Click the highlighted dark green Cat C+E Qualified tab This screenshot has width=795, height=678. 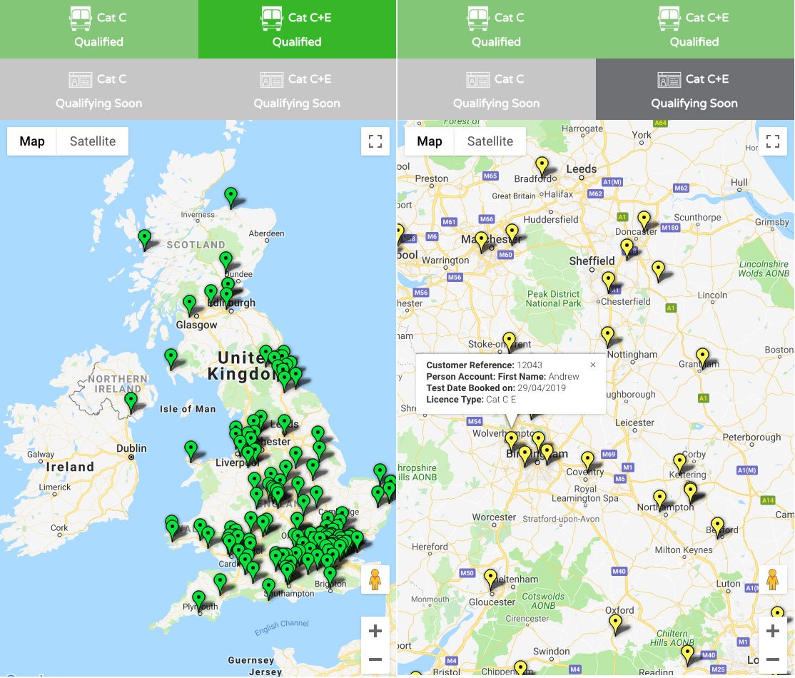click(297, 29)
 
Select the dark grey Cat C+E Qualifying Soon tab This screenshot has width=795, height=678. click(694, 90)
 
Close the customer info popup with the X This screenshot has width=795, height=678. click(592, 365)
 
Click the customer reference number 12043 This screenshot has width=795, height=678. click(530, 365)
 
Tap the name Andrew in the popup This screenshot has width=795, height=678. click(564, 377)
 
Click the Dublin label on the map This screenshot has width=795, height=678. click(132, 448)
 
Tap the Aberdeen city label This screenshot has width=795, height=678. click(266, 233)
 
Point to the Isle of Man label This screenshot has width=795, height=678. click(188, 409)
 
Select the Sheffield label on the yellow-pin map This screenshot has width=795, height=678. click(592, 260)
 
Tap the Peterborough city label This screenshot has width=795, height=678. click(751, 437)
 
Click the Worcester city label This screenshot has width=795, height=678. click(494, 517)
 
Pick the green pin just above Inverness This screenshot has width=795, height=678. click(231, 196)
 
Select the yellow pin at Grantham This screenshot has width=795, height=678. click(702, 356)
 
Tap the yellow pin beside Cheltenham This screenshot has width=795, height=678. click(491, 577)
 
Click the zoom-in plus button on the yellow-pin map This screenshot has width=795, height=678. click(772, 631)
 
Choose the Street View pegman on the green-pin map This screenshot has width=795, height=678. click(375, 579)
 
